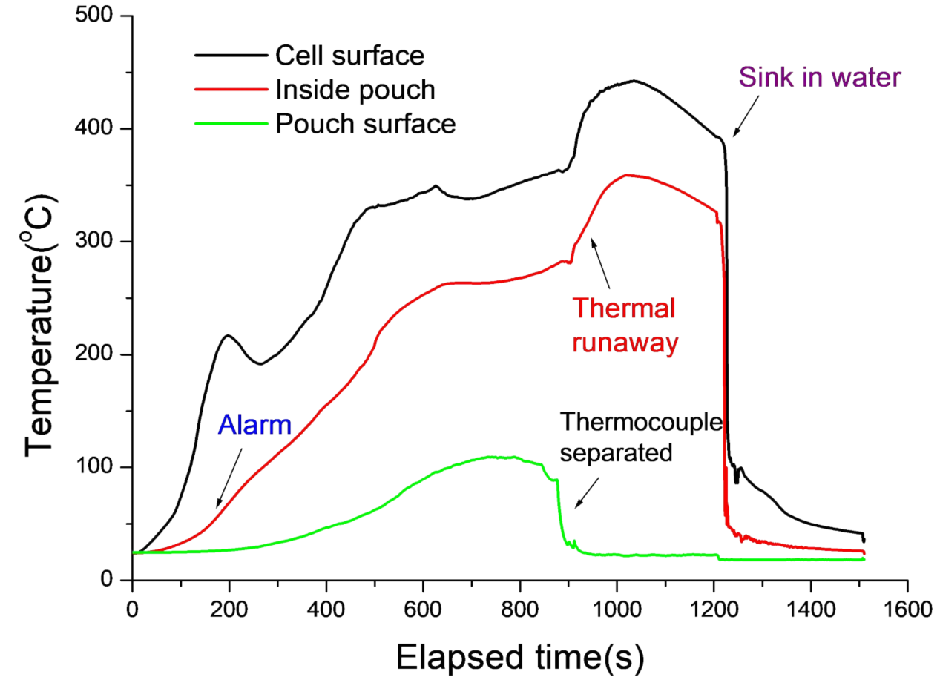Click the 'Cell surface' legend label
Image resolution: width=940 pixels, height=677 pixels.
349,55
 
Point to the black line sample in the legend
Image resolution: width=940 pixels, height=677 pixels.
230,55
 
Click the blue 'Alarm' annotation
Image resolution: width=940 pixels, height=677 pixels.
254,425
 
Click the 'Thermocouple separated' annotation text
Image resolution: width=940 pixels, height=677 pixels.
640,437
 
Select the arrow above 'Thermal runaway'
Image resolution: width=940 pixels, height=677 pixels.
600,262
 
